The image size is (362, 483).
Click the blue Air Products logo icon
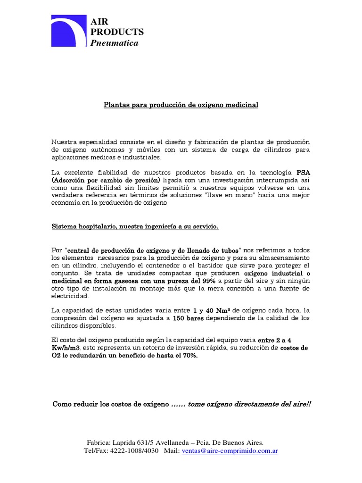(x=69, y=31)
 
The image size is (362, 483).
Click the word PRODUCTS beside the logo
(x=117, y=32)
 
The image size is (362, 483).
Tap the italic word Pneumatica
(x=115, y=43)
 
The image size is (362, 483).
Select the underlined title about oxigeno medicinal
(x=181, y=104)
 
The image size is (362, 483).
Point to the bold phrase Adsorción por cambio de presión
(x=106, y=180)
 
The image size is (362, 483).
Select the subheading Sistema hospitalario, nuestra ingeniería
(x=135, y=227)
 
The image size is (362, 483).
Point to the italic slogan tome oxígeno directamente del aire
(x=249, y=404)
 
